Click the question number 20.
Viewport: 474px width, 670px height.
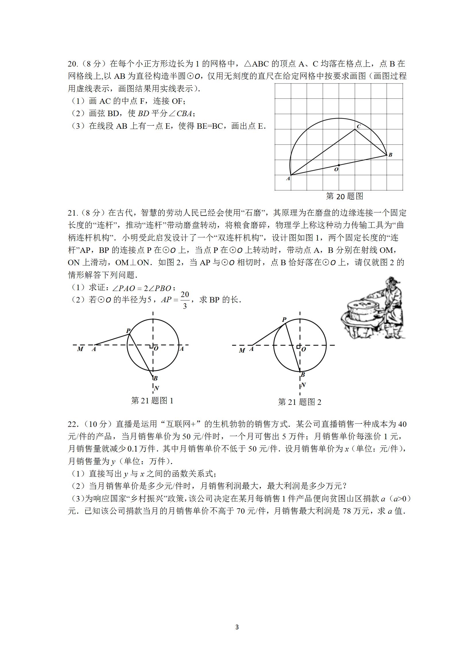tap(72, 64)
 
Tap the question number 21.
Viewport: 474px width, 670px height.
tap(72, 213)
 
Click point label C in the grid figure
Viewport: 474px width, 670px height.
tap(359, 126)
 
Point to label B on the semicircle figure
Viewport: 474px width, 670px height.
tap(390, 155)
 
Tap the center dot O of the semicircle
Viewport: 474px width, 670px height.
tap(339, 165)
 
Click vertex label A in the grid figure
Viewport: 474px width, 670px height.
tap(288, 178)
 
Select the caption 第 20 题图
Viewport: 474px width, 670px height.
tap(344, 196)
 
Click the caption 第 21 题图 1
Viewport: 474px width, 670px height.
tap(152, 401)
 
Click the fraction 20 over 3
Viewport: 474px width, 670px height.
tap(184, 300)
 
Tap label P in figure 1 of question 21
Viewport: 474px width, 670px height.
tap(128, 331)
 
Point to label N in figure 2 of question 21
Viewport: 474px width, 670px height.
tap(303, 385)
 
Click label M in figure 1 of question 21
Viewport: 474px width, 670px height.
tap(80, 349)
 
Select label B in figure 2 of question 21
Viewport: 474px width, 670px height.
tap(303, 375)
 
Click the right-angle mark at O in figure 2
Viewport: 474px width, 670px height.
tap(298, 347)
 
